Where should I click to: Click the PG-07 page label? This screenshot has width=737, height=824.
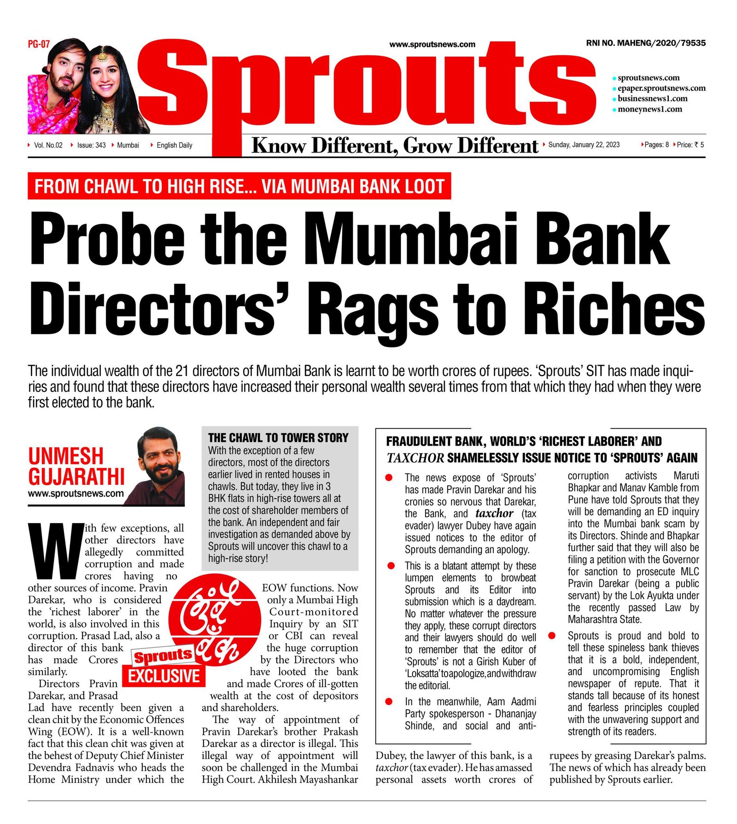(x=39, y=44)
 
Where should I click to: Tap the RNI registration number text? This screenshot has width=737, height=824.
(x=645, y=43)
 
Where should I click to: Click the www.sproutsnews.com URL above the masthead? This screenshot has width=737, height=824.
(x=432, y=45)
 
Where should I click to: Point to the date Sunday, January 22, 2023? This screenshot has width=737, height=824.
(x=584, y=145)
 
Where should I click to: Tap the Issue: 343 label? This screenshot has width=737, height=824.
(x=91, y=145)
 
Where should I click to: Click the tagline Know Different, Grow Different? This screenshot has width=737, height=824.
(x=395, y=146)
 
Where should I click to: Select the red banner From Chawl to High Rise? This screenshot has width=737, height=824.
(x=239, y=187)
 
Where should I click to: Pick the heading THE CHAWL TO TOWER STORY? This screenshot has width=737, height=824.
(x=278, y=438)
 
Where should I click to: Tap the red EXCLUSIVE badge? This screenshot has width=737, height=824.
(x=164, y=676)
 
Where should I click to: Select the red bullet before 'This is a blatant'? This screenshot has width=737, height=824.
(x=391, y=566)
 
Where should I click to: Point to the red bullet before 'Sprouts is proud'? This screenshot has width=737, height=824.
(x=552, y=636)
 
